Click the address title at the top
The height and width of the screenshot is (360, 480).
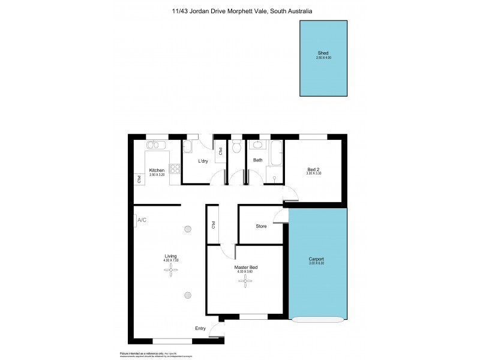pyautogui.click(x=240, y=10)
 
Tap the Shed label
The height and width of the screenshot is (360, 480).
pyautogui.click(x=323, y=53)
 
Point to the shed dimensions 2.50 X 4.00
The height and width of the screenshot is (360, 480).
pyautogui.click(x=323, y=58)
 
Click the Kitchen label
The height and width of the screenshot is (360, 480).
pyautogui.click(x=157, y=170)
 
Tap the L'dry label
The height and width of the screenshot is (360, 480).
pyautogui.click(x=203, y=161)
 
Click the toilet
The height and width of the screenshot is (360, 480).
pyautogui.click(x=236, y=147)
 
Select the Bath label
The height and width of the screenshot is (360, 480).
pyautogui.click(x=258, y=160)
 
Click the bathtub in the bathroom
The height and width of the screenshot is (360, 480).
pyautogui.click(x=276, y=155)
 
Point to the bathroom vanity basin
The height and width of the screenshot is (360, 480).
pyautogui.click(x=257, y=145)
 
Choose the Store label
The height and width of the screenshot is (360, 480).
pyautogui.click(x=261, y=226)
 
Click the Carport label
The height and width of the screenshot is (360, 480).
pyautogui.click(x=316, y=259)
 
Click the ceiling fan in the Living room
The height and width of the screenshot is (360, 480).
pyautogui.click(x=172, y=271)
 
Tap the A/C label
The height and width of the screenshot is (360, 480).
pyautogui.click(x=142, y=220)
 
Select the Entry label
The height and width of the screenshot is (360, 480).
pyautogui.click(x=200, y=328)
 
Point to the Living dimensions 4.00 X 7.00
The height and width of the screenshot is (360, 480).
pyautogui.click(x=172, y=260)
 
